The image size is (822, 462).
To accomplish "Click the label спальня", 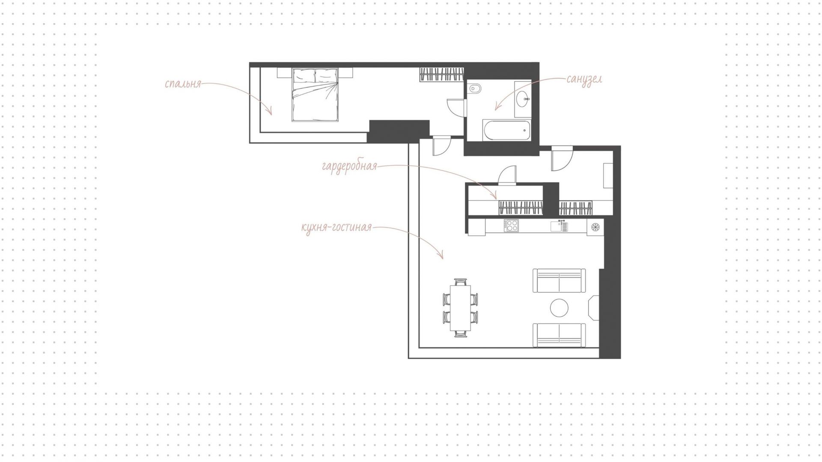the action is (x=183, y=84).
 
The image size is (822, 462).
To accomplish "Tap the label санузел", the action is (x=584, y=79).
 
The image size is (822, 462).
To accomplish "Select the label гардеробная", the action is (x=349, y=166).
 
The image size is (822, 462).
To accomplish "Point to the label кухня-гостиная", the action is (x=337, y=227).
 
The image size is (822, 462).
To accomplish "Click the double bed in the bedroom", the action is (x=315, y=94).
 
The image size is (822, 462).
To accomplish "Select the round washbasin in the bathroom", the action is (x=523, y=99).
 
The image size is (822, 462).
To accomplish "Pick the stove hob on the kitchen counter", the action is (x=511, y=225).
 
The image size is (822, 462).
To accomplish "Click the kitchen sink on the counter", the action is (x=559, y=226).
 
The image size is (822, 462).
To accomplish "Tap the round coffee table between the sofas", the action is (x=559, y=308).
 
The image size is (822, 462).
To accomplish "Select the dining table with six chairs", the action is (x=460, y=308).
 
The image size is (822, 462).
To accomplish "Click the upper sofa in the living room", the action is (x=559, y=281).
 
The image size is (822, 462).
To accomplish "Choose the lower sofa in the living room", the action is (x=559, y=335).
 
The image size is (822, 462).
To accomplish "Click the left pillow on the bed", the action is (x=304, y=76).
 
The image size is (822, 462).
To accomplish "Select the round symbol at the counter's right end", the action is (x=595, y=227).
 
